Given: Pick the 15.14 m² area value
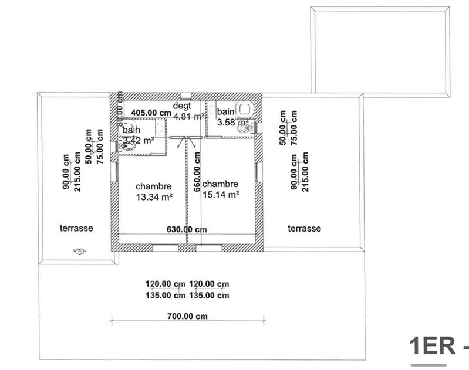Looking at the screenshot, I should (x=220, y=194).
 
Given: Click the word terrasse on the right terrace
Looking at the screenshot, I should (x=304, y=228).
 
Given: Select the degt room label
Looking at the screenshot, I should (x=182, y=106).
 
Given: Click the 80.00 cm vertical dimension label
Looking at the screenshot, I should (x=120, y=111).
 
